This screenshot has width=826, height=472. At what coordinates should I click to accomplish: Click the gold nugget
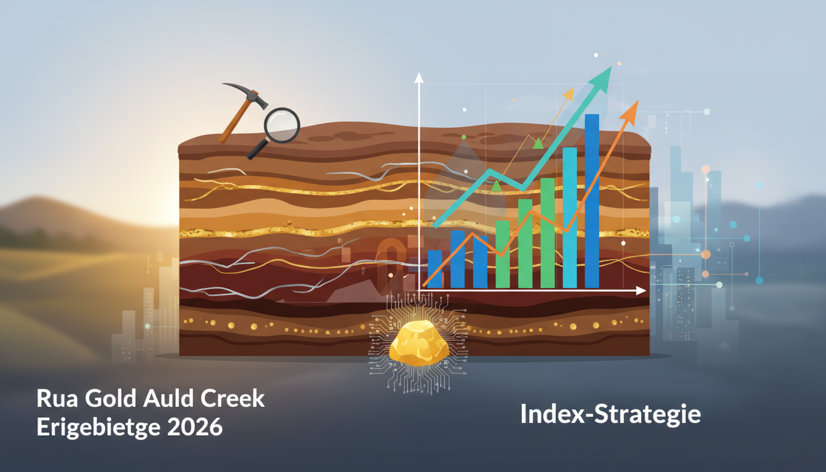(x=419, y=344)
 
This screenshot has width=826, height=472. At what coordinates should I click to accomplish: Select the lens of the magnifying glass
(x=281, y=125)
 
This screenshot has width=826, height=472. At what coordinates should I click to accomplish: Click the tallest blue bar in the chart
(x=592, y=201)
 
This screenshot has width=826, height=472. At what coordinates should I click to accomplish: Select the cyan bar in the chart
(x=570, y=218)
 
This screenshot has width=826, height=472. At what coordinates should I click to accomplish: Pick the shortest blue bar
(x=435, y=269)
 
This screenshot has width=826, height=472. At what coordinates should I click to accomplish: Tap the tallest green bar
(x=548, y=233)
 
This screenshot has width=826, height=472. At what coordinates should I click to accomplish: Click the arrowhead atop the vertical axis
(x=419, y=77)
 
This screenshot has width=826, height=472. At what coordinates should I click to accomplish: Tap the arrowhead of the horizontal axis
(x=641, y=291)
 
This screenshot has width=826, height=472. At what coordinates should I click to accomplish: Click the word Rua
(x=57, y=399)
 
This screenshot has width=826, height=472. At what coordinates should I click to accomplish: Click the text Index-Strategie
(x=611, y=414)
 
